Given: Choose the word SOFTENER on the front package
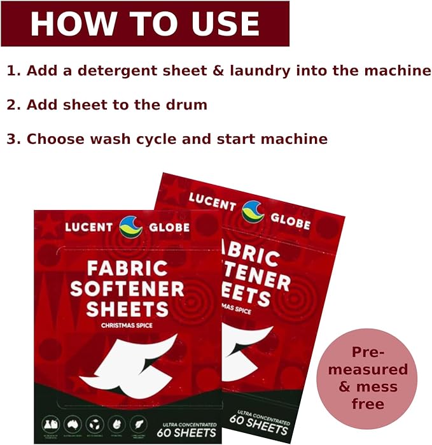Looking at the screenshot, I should click(127, 288).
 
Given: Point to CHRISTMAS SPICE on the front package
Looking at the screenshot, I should click(127, 325).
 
